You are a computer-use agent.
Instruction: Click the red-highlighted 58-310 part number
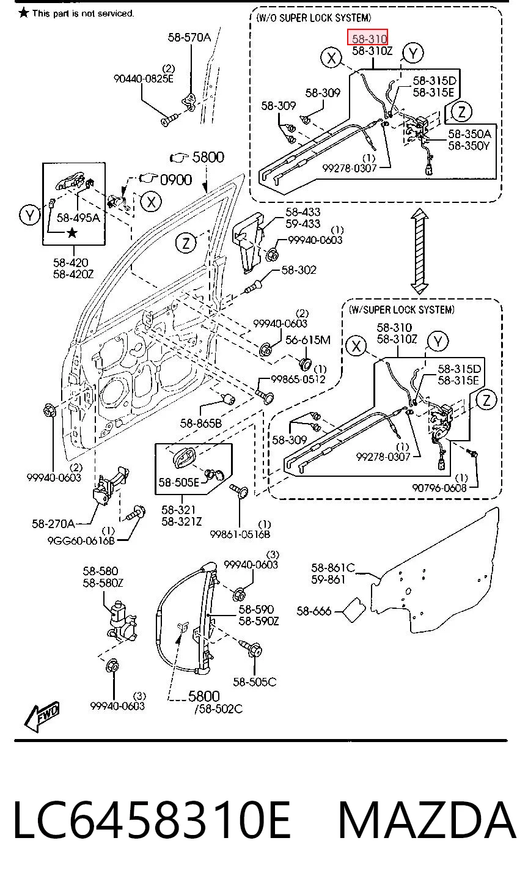(370, 39)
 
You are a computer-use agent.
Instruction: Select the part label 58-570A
(189, 37)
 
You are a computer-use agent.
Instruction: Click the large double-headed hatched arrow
(420, 252)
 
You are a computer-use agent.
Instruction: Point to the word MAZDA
(427, 820)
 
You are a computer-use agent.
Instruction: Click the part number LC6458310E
(152, 820)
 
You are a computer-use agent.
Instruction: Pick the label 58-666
(314, 611)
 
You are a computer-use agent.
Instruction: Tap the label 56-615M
(308, 340)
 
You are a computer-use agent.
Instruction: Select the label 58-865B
(200, 423)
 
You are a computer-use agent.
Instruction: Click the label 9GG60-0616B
(81, 540)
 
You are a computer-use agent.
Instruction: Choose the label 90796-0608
(439, 488)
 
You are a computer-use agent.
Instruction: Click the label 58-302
(299, 270)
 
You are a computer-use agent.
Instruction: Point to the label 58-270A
(53, 524)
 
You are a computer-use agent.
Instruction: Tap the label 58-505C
(254, 682)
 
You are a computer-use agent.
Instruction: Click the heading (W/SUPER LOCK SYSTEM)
(402, 310)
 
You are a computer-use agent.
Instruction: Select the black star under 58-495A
(72, 233)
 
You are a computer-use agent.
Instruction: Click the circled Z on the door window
(186, 242)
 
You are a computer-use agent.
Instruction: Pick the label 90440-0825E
(144, 79)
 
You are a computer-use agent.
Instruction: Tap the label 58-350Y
(469, 146)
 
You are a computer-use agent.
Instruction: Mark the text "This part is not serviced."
(83, 13)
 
